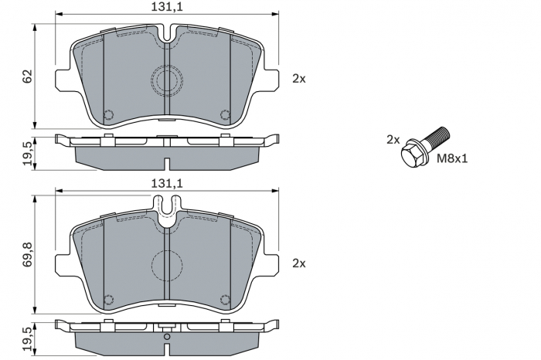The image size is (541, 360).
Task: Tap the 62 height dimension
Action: pyautogui.click(x=28, y=76)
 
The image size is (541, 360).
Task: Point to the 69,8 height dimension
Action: pyautogui.click(x=28, y=255)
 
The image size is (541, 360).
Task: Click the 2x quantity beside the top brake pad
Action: pyautogui.click(x=299, y=78)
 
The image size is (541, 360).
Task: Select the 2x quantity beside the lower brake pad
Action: pyautogui.click(x=299, y=263)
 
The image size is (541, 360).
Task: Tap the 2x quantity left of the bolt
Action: pyautogui.click(x=393, y=140)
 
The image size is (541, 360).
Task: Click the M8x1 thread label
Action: pyautogui.click(x=454, y=159)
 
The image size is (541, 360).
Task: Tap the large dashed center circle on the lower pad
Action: pyautogui.click(x=167, y=265)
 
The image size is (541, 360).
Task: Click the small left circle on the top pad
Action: pyautogui.click(x=109, y=114)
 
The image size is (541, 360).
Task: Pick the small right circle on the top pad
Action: pyautogui.click(x=225, y=114)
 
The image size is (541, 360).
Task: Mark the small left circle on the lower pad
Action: pyautogui.click(x=109, y=300)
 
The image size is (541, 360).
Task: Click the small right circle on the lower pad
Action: pyautogui.click(x=225, y=300)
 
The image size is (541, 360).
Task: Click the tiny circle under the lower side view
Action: pyautogui.click(x=167, y=337)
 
